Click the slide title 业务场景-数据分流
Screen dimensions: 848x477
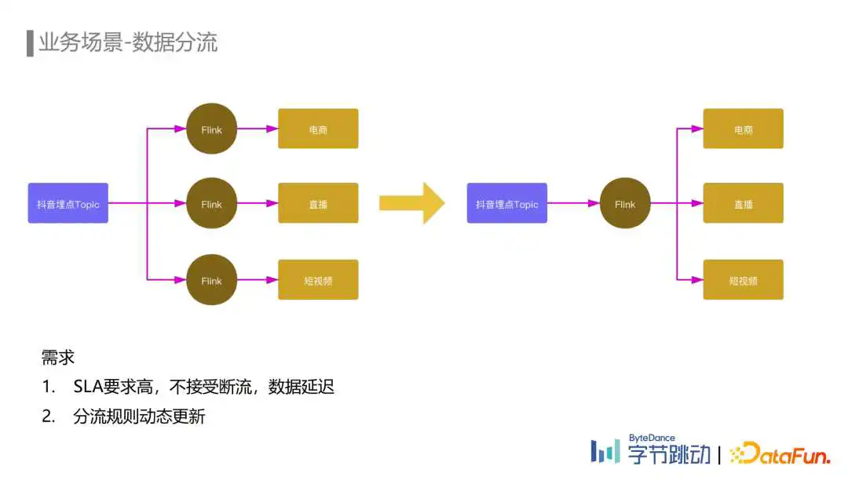click(128, 42)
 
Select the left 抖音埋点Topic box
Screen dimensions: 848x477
click(68, 203)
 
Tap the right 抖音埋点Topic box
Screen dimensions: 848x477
click(506, 203)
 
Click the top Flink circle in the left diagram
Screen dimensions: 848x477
click(211, 129)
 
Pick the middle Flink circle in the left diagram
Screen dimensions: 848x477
click(211, 203)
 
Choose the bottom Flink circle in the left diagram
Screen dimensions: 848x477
click(211, 280)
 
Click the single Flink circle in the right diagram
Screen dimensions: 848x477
click(625, 203)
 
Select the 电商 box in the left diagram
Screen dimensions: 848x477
click(318, 129)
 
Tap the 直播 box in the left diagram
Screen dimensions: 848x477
click(318, 203)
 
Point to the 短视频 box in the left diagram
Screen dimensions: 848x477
click(318, 280)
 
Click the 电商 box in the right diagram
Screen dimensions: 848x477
click(743, 129)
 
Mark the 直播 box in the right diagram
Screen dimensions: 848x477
click(743, 203)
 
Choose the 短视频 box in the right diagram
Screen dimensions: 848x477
click(743, 280)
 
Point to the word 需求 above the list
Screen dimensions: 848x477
click(58, 358)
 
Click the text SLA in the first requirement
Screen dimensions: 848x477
click(88, 387)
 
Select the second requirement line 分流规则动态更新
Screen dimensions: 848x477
click(139, 417)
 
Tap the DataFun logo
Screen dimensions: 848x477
click(780, 453)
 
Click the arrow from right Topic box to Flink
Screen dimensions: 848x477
click(573, 203)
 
